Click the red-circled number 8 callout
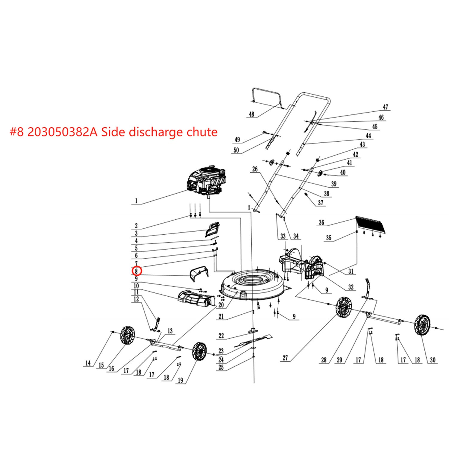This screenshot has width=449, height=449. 136,271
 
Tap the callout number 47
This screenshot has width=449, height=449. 385,107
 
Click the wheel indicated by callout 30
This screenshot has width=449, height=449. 422,325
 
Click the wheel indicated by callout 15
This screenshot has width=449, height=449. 128,335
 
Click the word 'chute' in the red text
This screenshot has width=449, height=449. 202,132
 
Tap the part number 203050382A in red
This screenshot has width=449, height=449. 62,132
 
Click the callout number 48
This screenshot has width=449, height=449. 251,114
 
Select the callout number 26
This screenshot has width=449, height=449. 255,169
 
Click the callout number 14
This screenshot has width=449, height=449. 88,363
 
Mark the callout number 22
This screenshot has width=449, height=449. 221,336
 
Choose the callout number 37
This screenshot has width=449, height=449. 321,203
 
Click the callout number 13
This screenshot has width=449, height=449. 170,331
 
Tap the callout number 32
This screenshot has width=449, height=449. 351,287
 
